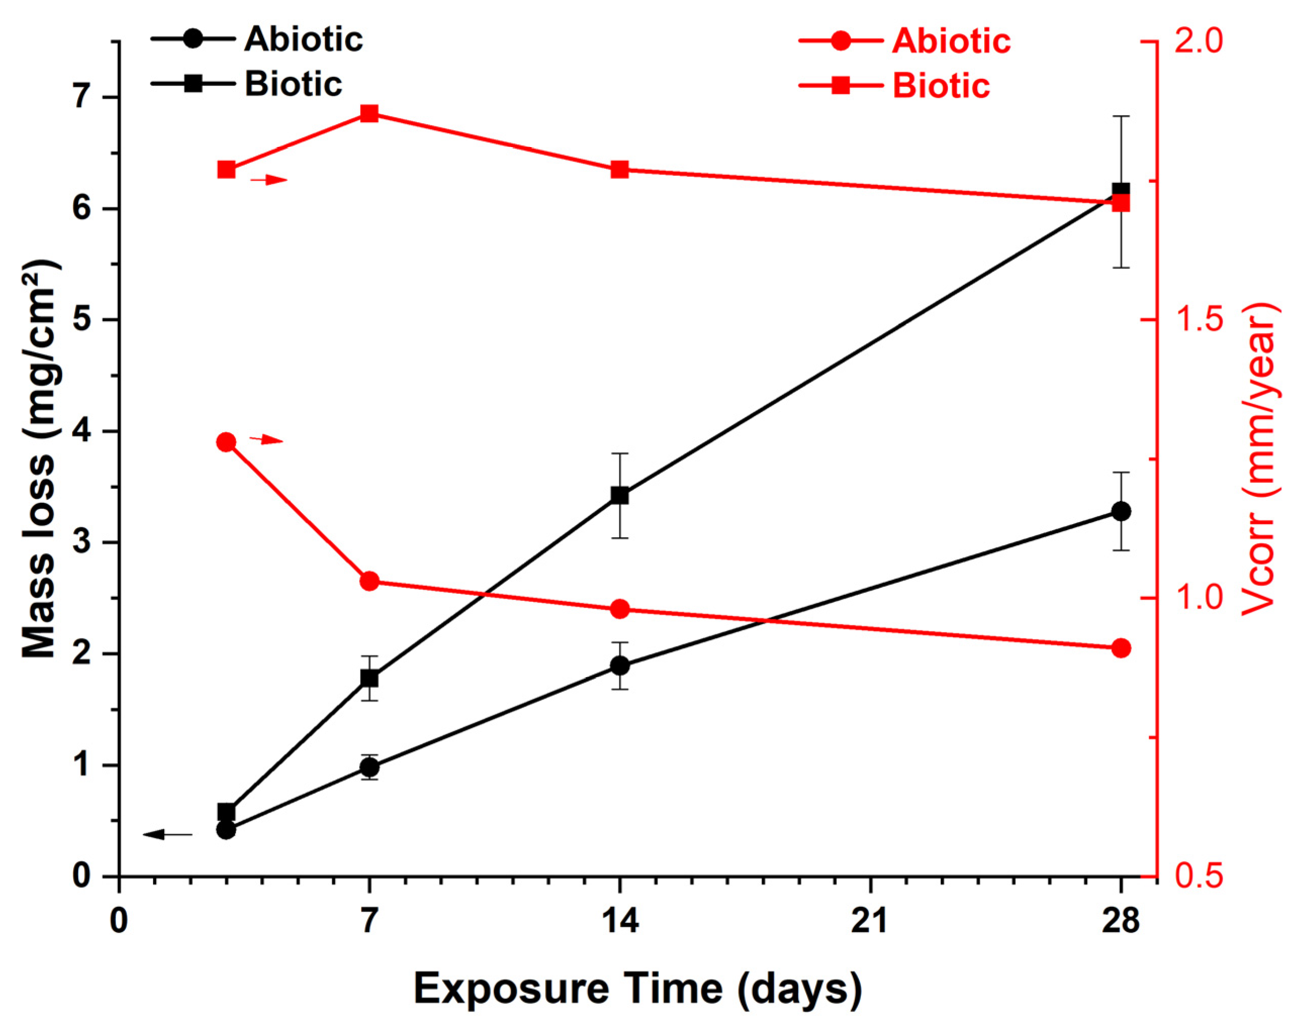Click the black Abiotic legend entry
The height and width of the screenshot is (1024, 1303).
pos(257,39)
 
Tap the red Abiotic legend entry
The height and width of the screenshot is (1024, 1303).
pos(905,41)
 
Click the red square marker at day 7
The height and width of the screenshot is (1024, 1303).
pos(369,114)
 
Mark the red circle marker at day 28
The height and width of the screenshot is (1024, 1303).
pos(1121,648)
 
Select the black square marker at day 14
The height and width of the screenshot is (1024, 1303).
pos(620,496)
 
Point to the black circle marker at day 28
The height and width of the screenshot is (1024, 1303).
pos(1121,511)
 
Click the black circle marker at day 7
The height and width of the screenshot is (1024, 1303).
pos(369,767)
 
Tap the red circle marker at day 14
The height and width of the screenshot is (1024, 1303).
pos(620,610)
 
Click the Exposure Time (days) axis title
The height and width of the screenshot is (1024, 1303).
pos(638,988)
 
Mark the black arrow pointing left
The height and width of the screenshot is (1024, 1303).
pos(168,834)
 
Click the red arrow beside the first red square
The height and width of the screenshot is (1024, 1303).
pos(269,179)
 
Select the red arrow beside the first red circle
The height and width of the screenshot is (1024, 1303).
pos(266,440)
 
